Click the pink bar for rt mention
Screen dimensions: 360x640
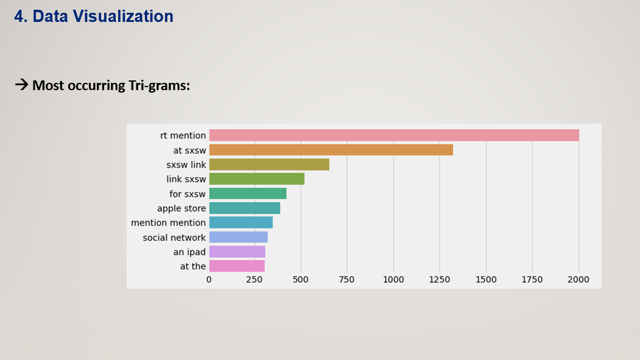point(394,135)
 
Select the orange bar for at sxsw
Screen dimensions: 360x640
point(331,150)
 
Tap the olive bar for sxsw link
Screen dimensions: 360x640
point(269,164)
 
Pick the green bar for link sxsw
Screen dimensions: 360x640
point(256,179)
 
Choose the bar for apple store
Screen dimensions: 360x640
point(244,208)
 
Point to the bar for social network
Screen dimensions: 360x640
point(238,238)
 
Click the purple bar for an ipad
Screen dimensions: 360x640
point(237,252)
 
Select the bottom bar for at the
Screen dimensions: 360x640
point(236,266)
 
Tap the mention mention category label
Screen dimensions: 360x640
point(168,223)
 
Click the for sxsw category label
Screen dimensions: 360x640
point(188,194)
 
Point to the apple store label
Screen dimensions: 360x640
point(181,208)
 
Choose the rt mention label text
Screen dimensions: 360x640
point(183,135)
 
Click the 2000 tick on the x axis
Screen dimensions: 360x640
point(578,280)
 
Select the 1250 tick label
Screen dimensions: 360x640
point(440,280)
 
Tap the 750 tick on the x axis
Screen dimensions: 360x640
point(347,280)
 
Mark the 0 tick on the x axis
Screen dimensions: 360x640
point(209,280)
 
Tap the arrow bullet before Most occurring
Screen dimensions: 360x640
point(21,85)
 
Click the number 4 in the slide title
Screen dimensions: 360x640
point(19,16)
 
